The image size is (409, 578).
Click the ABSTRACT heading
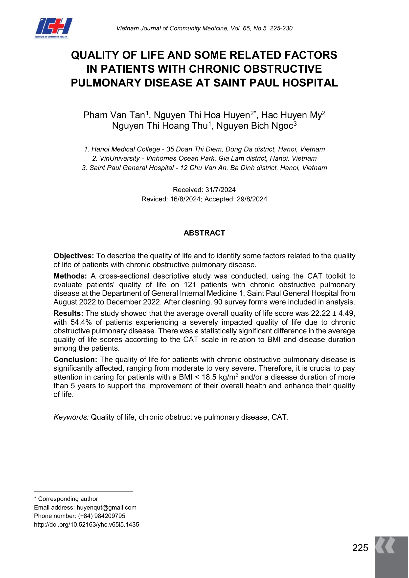pyautogui.click(x=204, y=233)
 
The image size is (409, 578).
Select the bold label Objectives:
pyautogui.click(x=73, y=256)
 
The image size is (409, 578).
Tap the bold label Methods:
pyautogui.click(x=70, y=276)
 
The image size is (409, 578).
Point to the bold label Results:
pyautogui.click(x=68, y=313)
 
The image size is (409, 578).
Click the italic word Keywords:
pyautogui.click(x=71, y=417)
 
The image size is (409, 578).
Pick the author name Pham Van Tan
pyautogui.click(x=114, y=115)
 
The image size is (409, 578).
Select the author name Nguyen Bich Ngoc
pyautogui.click(x=255, y=126)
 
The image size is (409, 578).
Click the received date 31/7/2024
pyautogui.click(x=220, y=190)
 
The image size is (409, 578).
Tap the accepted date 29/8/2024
pyautogui.click(x=252, y=199)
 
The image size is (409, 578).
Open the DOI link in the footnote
pyautogui.click(x=86, y=524)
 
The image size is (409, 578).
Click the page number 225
pyautogui.click(x=360, y=548)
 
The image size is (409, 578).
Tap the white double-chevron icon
pyautogui.click(x=385, y=546)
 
